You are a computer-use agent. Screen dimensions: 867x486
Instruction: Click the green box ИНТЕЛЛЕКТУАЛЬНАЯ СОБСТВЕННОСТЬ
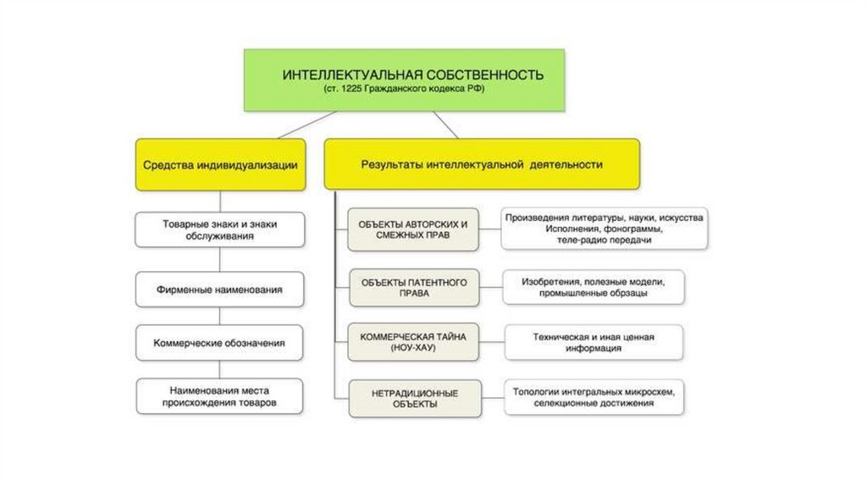[x=413, y=80]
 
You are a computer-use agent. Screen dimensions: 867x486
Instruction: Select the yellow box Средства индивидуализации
[x=219, y=165]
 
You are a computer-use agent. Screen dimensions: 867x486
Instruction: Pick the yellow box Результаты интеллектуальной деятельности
[x=482, y=165]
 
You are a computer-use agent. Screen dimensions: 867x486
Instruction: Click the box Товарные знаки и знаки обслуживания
[x=219, y=230]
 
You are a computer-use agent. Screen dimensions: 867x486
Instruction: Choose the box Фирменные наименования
[x=219, y=290]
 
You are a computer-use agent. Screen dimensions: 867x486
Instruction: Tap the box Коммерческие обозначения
[x=219, y=343]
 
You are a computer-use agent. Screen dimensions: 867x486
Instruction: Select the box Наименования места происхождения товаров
[x=219, y=397]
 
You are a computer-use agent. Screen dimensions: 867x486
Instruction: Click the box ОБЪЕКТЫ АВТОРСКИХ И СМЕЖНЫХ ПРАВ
[x=413, y=229]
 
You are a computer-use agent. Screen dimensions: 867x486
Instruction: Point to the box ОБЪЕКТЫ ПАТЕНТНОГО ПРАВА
[x=413, y=287]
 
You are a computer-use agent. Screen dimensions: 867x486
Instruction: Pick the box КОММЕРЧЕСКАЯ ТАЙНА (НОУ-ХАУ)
[x=413, y=342]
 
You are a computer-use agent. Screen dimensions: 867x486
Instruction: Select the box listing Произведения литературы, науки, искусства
[x=605, y=229]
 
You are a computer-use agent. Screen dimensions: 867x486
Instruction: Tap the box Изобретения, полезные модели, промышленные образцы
[x=593, y=287]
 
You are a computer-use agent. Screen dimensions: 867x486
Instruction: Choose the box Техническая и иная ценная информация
[x=593, y=342]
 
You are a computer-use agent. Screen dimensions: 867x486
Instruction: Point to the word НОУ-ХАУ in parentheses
[x=413, y=348]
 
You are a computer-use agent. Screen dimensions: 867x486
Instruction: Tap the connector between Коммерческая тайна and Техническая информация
[x=492, y=342]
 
